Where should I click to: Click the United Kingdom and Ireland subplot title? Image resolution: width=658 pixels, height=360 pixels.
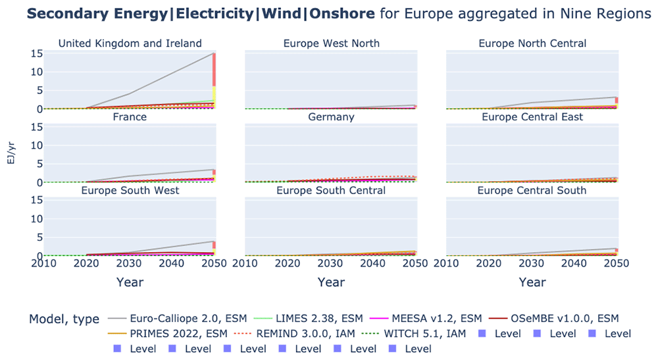pyautogui.click(x=130, y=43)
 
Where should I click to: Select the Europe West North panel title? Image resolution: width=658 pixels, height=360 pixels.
pyautogui.click(x=331, y=43)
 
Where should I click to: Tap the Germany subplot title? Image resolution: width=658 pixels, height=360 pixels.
pyautogui.click(x=331, y=117)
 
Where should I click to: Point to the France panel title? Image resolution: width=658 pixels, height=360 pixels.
pyautogui.click(x=130, y=116)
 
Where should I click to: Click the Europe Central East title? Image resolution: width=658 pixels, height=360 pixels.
pyautogui.click(x=532, y=116)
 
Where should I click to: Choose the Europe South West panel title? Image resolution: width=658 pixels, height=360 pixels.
pyautogui.click(x=130, y=190)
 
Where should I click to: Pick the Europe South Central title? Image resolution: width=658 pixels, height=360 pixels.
pyautogui.click(x=331, y=190)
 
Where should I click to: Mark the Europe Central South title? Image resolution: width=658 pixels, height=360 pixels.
pyautogui.click(x=532, y=190)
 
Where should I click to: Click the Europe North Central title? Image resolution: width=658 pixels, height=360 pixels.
pyautogui.click(x=532, y=43)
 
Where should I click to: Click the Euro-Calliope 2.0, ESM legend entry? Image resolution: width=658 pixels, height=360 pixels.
pyautogui.click(x=177, y=319)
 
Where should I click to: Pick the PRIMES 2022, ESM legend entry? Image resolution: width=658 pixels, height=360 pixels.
pyautogui.click(x=167, y=334)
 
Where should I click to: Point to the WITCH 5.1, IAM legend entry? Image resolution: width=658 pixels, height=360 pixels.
pyautogui.click(x=414, y=334)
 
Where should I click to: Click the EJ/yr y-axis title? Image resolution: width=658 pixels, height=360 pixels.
pyautogui.click(x=11, y=153)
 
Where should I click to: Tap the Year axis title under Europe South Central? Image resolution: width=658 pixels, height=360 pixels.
pyautogui.click(x=331, y=282)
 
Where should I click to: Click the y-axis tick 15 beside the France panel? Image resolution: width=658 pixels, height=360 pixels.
pyautogui.click(x=36, y=127)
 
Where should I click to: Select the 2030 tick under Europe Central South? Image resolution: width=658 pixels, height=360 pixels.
pyautogui.click(x=531, y=263)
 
